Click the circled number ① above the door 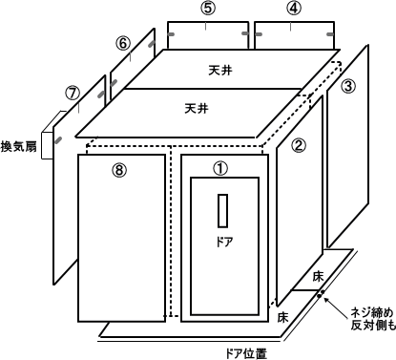220,168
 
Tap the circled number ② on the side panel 298,145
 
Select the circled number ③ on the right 348,86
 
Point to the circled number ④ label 294,9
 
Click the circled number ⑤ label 208,9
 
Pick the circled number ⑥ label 123,43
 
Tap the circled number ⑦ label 73,94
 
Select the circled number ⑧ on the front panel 119,170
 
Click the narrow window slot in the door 222,210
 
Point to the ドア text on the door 224,243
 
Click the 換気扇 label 19,147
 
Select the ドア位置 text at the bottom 246,353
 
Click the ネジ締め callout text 372,312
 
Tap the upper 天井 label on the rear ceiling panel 220,70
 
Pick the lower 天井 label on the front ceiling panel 197,109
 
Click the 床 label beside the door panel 282,317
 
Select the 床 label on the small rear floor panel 318,276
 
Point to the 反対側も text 373,326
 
